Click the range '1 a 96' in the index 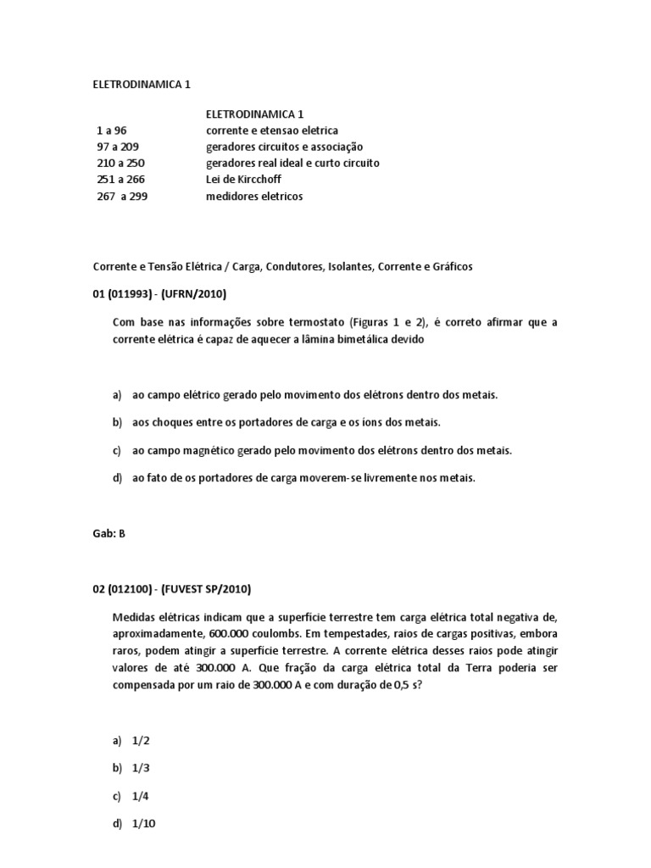(x=111, y=131)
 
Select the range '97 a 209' (x=117, y=147)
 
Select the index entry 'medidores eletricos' (x=253, y=196)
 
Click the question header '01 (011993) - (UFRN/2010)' (x=159, y=294)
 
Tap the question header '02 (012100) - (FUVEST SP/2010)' (x=171, y=589)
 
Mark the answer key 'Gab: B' (x=108, y=534)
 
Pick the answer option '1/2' (x=141, y=741)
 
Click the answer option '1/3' (x=141, y=769)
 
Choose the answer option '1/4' (x=141, y=797)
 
